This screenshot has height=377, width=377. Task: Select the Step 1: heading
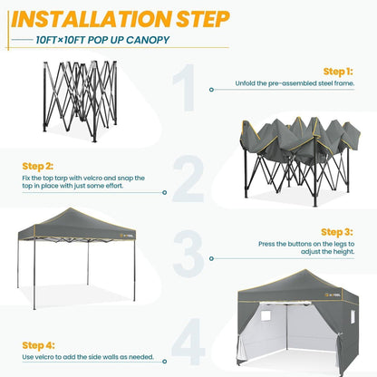(338, 71)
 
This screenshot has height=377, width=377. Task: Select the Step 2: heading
(38, 167)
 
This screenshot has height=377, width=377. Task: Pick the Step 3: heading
(336, 231)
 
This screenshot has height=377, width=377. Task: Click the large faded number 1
(187, 91)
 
